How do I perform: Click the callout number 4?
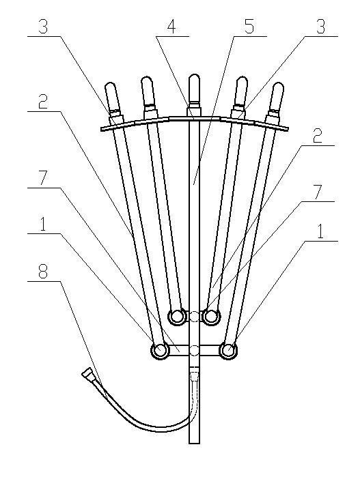[x=171, y=27]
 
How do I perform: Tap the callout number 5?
[x=249, y=27]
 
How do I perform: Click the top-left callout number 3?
[x=43, y=27]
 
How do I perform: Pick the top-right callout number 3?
[x=320, y=27]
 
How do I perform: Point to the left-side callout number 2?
[x=43, y=102]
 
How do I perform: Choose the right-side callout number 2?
[x=318, y=136]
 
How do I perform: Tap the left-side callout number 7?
[x=43, y=179]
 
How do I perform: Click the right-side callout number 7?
[x=318, y=192]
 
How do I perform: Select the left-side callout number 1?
[x=43, y=225]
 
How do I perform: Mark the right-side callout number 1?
[x=320, y=232]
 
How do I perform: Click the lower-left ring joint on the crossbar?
[x=160, y=351]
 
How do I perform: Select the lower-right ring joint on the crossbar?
[x=228, y=351]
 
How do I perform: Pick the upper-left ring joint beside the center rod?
[x=177, y=317]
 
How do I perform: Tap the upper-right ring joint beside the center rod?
[x=211, y=317]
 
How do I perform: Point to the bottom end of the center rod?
[x=194, y=443]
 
